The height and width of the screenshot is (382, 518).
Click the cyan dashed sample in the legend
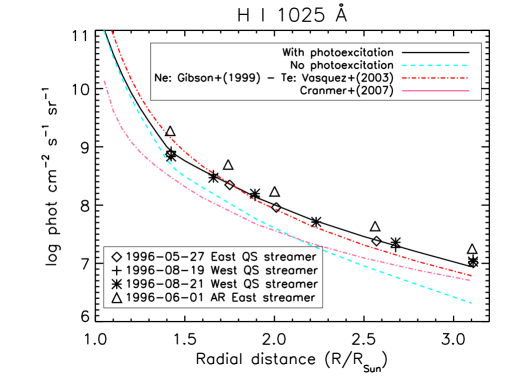tap(435, 65)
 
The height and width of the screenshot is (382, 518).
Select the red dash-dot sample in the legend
tap(435, 78)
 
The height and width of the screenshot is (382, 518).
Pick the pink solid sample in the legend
tap(435, 91)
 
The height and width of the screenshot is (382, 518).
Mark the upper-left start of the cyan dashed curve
tap(104, 32)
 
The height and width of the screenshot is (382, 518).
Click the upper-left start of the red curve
tap(112, 32)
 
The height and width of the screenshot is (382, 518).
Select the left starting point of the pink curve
tap(104, 80)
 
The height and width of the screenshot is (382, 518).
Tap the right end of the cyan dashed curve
tap(471, 302)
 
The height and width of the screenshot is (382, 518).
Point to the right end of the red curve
tap(471, 274)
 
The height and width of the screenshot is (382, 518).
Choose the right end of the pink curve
tap(471, 280)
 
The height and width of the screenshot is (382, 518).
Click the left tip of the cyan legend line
tap(402, 65)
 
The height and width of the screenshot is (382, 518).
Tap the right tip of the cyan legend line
tap(468, 65)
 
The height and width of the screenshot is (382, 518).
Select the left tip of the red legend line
tap(402, 78)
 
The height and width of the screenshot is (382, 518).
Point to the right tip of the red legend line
tap(468, 78)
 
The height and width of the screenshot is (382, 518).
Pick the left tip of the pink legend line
tap(402, 91)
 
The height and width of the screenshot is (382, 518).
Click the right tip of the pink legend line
tap(468, 91)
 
